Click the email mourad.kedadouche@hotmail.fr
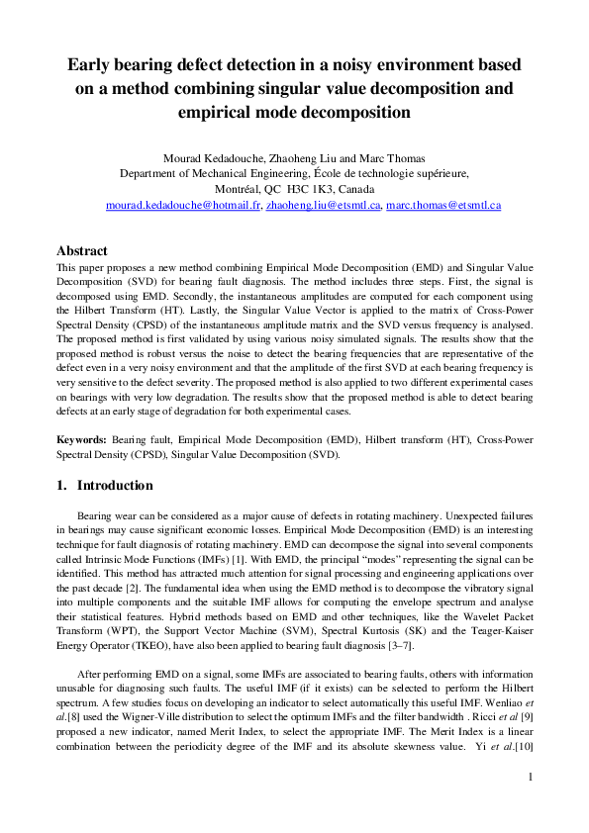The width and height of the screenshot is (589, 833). [x=182, y=206]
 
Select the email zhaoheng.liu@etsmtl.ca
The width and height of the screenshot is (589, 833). [x=323, y=206]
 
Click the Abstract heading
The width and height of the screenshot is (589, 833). [x=82, y=251]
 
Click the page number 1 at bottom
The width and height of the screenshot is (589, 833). [x=531, y=804]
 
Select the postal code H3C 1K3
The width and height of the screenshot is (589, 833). [x=299, y=189]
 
